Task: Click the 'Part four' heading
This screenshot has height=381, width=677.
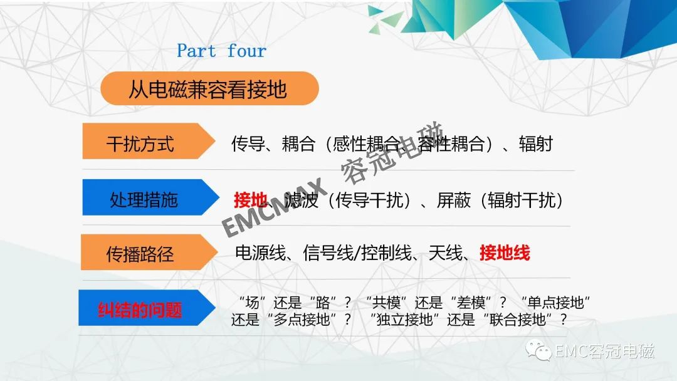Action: coord(221,51)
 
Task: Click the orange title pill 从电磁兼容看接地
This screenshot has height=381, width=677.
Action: coord(209,88)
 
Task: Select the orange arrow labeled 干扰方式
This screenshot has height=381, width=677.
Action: coord(149,141)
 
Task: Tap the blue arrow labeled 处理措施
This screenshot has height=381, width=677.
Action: coord(150,197)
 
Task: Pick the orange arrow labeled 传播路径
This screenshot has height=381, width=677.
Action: coord(149,253)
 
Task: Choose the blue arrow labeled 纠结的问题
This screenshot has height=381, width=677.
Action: coord(147,308)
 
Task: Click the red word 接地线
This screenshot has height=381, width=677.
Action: coord(505,253)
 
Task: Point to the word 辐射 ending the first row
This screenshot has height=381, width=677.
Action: coord(536,144)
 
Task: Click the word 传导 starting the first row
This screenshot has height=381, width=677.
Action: coord(248,144)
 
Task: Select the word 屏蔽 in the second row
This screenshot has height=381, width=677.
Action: coord(453,200)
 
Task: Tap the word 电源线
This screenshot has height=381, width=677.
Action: coord(260,253)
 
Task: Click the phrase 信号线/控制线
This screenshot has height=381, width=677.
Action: coord(357,253)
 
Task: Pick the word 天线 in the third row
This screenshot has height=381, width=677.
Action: coord(445,253)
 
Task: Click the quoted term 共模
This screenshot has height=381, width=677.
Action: coord(387,303)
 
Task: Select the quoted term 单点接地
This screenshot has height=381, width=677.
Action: coord(555,303)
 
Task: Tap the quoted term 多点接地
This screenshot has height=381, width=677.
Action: coord(302,320)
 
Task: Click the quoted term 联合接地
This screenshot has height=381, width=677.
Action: coord(518,320)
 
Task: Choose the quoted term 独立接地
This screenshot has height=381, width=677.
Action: coord(404,320)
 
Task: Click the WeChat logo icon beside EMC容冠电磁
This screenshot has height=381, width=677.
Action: coord(538,350)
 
